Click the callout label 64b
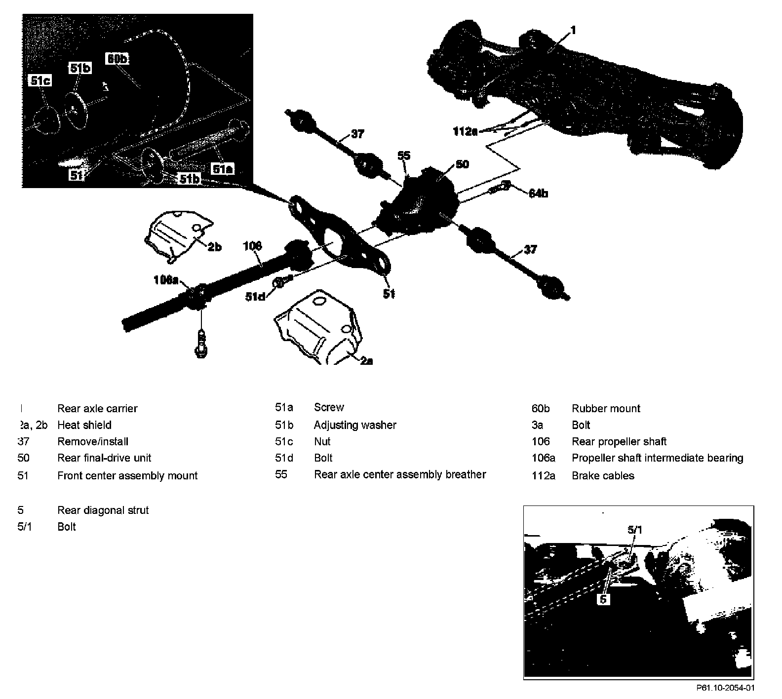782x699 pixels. tap(538, 193)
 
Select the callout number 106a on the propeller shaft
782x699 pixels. tap(166, 280)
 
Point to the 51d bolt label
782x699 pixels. tap(256, 296)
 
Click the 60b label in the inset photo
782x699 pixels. tap(117, 59)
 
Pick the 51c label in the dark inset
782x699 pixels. tap(40, 80)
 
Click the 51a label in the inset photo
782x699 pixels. tap(222, 169)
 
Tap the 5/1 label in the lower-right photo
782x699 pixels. tap(635, 530)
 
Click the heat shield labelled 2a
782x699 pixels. tap(316, 331)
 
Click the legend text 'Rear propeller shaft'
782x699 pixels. tap(619, 441)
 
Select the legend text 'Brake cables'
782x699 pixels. tap(603, 476)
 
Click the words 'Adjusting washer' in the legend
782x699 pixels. tap(355, 425)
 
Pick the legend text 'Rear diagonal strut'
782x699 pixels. tap(103, 510)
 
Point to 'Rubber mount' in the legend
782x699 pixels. tap(606, 408)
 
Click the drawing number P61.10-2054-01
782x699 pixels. tap(725, 688)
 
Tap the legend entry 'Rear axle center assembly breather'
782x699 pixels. tap(400, 474)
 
